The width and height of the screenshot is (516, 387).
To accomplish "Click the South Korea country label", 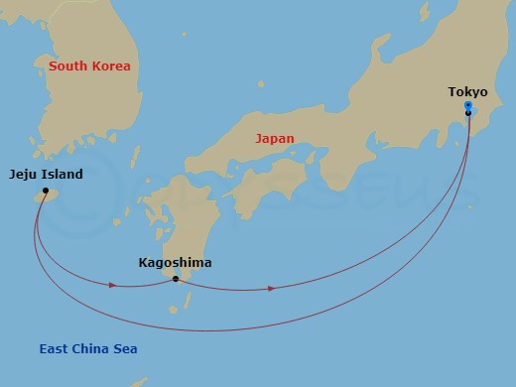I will [x=89, y=66].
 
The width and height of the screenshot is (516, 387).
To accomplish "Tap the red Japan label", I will [x=274, y=139].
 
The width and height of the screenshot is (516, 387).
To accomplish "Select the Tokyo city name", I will [x=467, y=92].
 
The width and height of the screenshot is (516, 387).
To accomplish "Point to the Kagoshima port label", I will [x=175, y=264].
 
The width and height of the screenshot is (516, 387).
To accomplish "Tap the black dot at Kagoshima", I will [x=176, y=279].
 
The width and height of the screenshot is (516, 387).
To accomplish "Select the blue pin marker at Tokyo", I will [x=467, y=105].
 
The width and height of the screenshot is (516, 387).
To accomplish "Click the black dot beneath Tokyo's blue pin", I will [x=467, y=113].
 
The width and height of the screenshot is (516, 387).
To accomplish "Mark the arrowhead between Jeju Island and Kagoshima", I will [x=113, y=286].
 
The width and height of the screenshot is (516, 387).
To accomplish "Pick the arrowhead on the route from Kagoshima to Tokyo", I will [x=271, y=289].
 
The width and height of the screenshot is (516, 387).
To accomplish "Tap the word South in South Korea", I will [x=67, y=66].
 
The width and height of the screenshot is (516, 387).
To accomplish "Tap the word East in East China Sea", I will [x=54, y=349].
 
